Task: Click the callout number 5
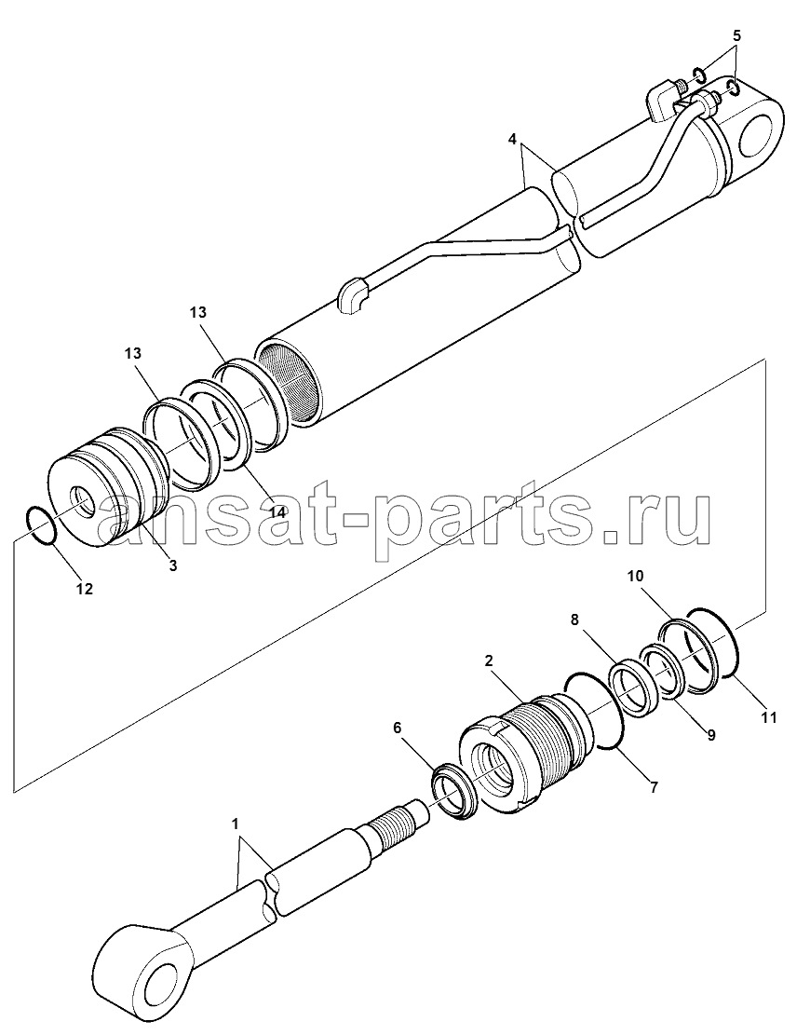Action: [736, 35]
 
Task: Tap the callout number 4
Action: [512, 139]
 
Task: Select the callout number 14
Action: [277, 512]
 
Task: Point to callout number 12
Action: [84, 589]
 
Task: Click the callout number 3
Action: [173, 565]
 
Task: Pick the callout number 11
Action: [768, 716]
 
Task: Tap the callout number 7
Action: [654, 787]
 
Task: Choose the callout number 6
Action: [397, 728]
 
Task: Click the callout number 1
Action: [235, 824]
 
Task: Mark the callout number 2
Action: [489, 660]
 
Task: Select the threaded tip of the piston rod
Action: [395, 823]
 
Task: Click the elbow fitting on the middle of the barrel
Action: [354, 295]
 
